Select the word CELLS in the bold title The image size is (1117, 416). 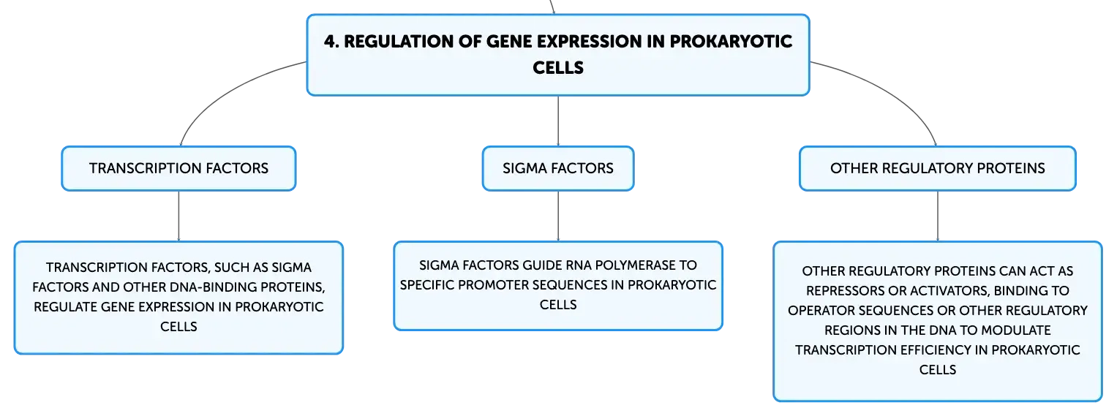pyautogui.click(x=558, y=68)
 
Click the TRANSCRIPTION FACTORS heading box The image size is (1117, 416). pyautogui.click(x=178, y=168)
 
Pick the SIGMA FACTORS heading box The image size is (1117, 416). pyautogui.click(x=558, y=168)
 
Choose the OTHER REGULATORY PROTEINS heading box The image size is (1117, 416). pyautogui.click(x=938, y=168)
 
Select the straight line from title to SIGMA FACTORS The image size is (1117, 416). pyautogui.click(x=558, y=121)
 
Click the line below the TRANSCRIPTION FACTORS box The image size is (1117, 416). pyautogui.click(x=178, y=216)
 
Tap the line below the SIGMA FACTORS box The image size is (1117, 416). pyautogui.click(x=558, y=216)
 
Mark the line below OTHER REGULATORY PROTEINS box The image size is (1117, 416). pyautogui.click(x=938, y=216)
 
